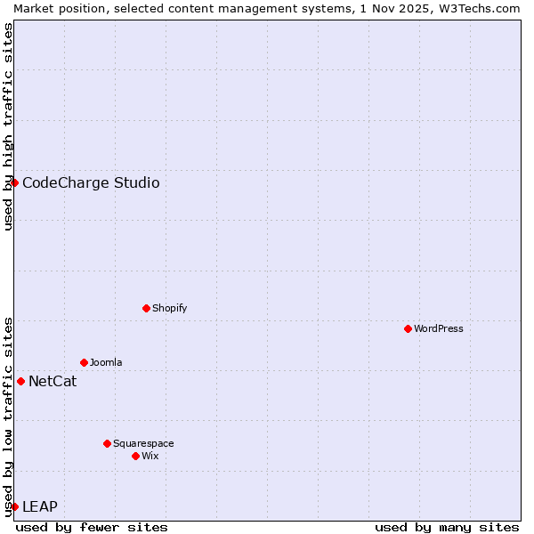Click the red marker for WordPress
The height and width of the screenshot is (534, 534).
tap(408, 328)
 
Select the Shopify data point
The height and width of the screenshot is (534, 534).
tap(146, 308)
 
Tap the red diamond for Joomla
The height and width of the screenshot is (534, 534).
tap(84, 362)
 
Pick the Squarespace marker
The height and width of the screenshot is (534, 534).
tap(107, 443)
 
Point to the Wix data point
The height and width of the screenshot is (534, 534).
tap(135, 456)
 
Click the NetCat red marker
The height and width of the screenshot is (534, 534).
tap(20, 381)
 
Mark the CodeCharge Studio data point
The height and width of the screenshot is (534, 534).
tap(14, 182)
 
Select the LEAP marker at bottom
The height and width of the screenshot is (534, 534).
tap(14, 506)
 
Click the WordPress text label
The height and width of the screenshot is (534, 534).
tap(439, 328)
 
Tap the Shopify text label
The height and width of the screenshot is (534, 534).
tap(169, 308)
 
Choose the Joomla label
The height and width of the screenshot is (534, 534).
tap(106, 362)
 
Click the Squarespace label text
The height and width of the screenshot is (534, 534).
tap(143, 443)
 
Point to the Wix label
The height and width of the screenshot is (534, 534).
tap(150, 456)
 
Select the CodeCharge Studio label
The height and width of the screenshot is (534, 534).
tap(91, 182)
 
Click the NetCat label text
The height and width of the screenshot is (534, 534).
tap(53, 382)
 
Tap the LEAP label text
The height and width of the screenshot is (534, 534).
tap(40, 506)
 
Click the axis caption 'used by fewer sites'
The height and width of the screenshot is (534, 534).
tap(92, 527)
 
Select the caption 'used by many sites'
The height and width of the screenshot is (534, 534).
tap(447, 527)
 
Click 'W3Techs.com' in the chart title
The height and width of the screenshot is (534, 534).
tap(483, 8)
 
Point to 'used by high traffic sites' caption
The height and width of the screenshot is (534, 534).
tap(9, 126)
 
